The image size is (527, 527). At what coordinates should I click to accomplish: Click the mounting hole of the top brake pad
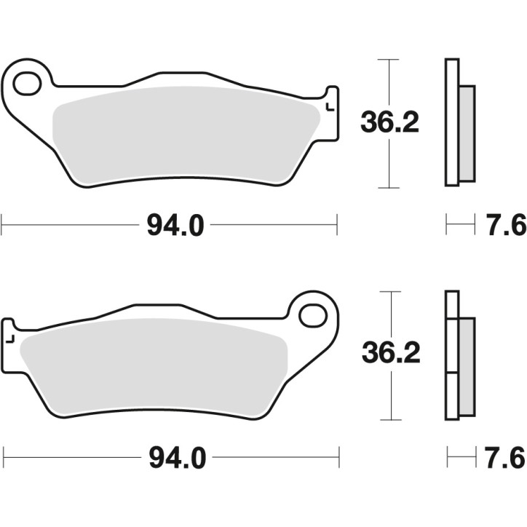tap(27, 83)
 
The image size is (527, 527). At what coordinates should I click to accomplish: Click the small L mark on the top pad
tap(330, 108)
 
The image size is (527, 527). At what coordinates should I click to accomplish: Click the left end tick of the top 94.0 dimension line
tap(2, 225)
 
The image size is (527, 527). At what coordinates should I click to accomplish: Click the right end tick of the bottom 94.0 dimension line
tap(339, 458)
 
